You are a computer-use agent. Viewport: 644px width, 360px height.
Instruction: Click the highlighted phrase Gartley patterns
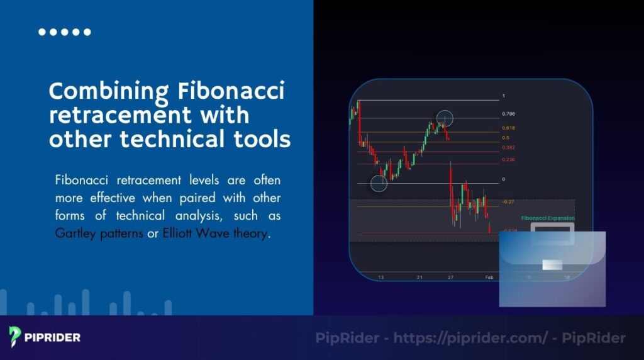(x=99, y=233)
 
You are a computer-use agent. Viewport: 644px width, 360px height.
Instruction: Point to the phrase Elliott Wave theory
(x=215, y=233)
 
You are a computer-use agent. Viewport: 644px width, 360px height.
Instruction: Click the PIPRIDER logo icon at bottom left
(x=16, y=337)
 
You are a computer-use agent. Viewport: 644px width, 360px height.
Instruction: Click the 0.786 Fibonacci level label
(x=508, y=115)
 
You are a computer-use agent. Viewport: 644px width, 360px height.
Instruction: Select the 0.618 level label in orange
(x=508, y=128)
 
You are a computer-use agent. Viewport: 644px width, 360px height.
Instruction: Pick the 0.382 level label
(x=508, y=147)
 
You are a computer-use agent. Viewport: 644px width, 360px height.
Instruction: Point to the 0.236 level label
(x=508, y=160)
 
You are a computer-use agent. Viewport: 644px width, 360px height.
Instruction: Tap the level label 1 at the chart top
(x=503, y=96)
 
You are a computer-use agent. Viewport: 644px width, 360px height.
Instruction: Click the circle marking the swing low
(x=379, y=183)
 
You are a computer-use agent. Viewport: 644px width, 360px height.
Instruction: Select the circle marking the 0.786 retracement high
(x=445, y=118)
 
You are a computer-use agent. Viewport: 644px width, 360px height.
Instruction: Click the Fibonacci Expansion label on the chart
(x=547, y=218)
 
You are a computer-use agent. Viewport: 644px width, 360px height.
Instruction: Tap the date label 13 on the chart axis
(x=380, y=276)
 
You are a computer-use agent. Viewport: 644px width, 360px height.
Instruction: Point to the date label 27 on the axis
(x=450, y=276)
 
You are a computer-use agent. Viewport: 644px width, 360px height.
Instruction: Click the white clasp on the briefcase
(x=552, y=265)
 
